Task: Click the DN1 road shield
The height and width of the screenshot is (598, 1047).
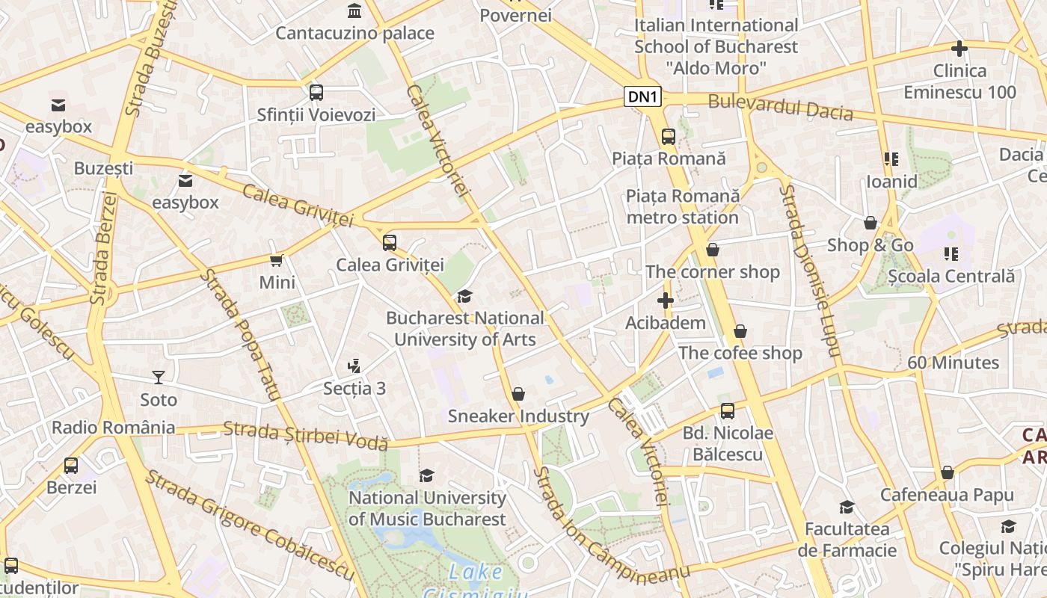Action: pos(643,96)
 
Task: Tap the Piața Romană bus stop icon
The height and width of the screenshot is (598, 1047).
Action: pos(669,137)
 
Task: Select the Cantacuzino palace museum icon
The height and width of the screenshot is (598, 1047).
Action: pos(354,11)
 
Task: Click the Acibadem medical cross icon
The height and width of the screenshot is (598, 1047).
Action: pos(665,301)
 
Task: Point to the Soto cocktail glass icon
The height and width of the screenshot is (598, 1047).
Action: pos(159,377)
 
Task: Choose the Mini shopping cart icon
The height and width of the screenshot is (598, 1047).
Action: pos(277,261)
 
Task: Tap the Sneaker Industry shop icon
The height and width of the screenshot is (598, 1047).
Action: pos(518,394)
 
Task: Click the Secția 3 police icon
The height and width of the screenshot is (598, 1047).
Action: pos(354,366)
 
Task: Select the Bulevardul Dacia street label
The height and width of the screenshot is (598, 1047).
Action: pos(780,107)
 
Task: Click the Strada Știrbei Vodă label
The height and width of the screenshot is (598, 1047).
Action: pos(305,434)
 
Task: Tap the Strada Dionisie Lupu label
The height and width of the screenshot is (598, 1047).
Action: pos(809,270)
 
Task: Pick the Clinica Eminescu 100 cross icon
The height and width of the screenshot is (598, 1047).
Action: pos(959,49)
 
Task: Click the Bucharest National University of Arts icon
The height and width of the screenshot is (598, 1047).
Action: pos(464,297)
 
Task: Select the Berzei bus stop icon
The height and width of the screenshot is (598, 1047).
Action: pos(71,466)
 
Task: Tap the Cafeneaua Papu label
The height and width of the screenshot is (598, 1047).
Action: pos(947,495)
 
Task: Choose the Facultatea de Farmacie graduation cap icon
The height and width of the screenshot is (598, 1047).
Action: pos(847,508)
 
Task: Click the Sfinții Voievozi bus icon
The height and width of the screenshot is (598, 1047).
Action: pos(316,93)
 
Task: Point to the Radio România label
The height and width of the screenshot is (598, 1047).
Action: pos(113,428)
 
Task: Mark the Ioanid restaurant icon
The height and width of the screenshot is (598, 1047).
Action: pos(891,159)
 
